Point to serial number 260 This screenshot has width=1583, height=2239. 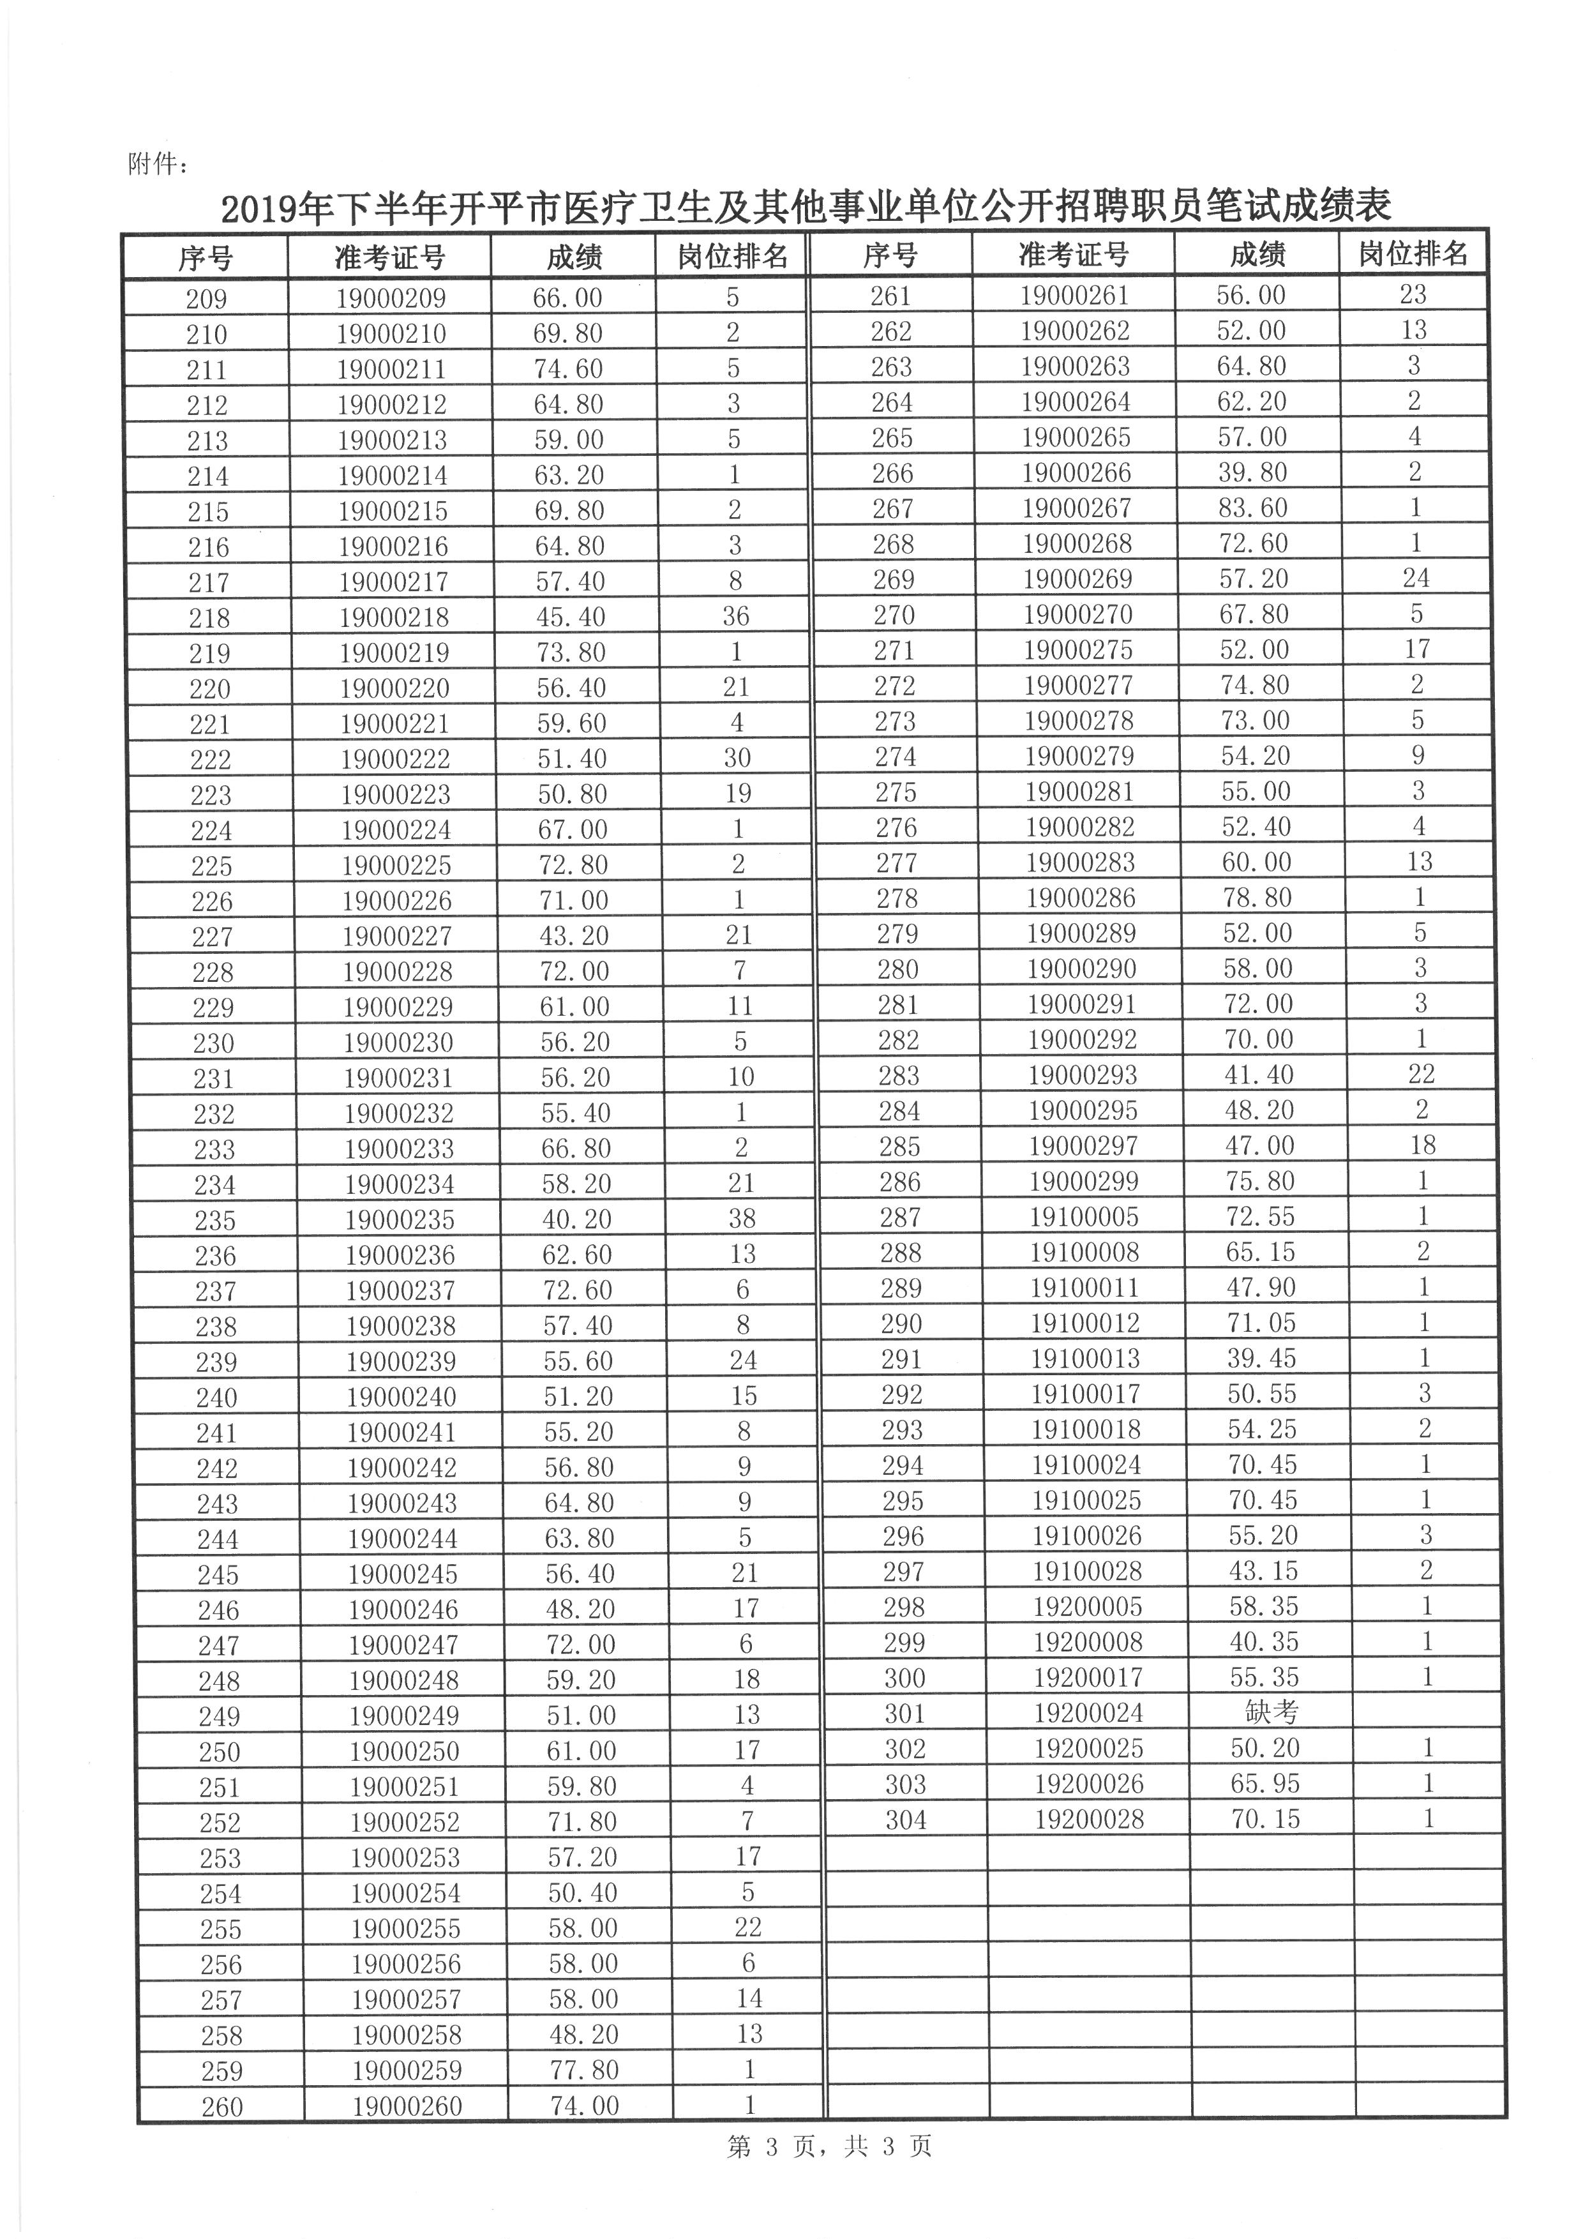pos(222,2106)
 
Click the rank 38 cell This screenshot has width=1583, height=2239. pos(743,1219)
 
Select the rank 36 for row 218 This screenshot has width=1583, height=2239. pos(736,616)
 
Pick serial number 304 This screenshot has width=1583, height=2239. pos(906,1820)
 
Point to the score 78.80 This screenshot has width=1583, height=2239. pos(1257,897)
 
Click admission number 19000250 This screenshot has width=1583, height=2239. pos(403,1751)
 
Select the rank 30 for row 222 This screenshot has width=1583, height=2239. pos(737,758)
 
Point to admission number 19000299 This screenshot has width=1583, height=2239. pos(1083,1182)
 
